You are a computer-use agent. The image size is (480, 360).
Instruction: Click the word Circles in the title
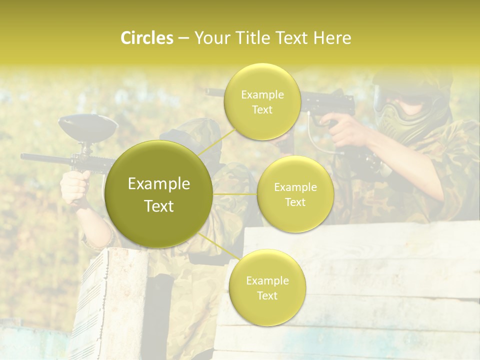coord(146,38)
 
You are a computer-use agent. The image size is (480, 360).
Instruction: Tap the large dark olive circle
coord(159,194)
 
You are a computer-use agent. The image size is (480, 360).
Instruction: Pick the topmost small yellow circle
coord(262,102)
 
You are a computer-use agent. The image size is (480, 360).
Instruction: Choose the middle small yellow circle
coord(295,194)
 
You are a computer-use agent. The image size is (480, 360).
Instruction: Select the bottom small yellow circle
coord(267,288)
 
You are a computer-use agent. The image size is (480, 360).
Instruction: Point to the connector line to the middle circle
coord(235,194)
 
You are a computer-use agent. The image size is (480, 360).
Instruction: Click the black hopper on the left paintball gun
coord(88,127)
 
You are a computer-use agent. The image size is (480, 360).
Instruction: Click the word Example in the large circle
coord(159,184)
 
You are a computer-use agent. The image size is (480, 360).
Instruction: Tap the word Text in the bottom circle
coord(267,296)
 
